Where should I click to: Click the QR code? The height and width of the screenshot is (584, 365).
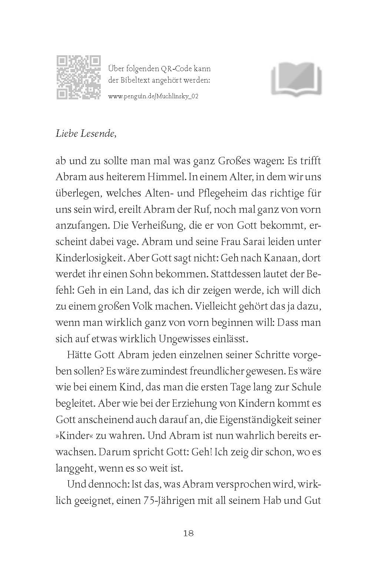(78, 77)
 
